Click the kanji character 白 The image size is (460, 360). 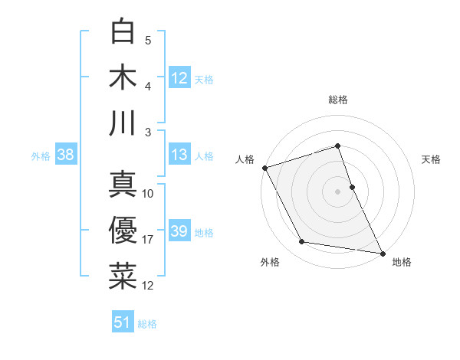coord(123,32)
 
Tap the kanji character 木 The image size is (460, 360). coord(123,77)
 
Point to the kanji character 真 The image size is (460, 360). coord(123,185)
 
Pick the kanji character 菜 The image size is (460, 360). coord(123,277)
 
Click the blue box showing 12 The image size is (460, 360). coord(179,77)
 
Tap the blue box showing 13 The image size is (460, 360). coord(179,155)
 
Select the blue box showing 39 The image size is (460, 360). coord(179,231)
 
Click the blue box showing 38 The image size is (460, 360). coord(66,155)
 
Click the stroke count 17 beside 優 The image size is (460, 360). coord(148,240)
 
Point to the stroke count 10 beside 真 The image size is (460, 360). coord(148,194)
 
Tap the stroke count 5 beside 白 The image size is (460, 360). coord(147,41)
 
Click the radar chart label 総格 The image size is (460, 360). coord(337,100)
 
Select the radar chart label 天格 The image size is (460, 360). coord(432,159)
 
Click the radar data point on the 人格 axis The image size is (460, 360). coord(264,168)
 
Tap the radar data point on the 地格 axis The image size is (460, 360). coord(382,253)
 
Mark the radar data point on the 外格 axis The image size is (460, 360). coord(302,242)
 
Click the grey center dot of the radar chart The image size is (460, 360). coord(337,191)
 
